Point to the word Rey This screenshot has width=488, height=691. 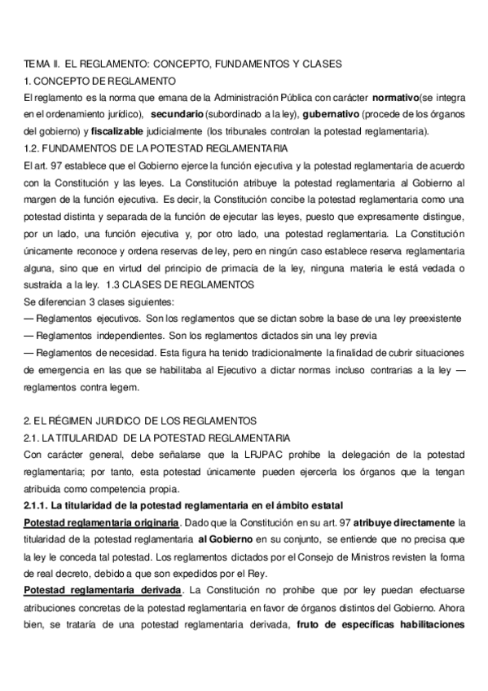pyautogui.click(x=266, y=573)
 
